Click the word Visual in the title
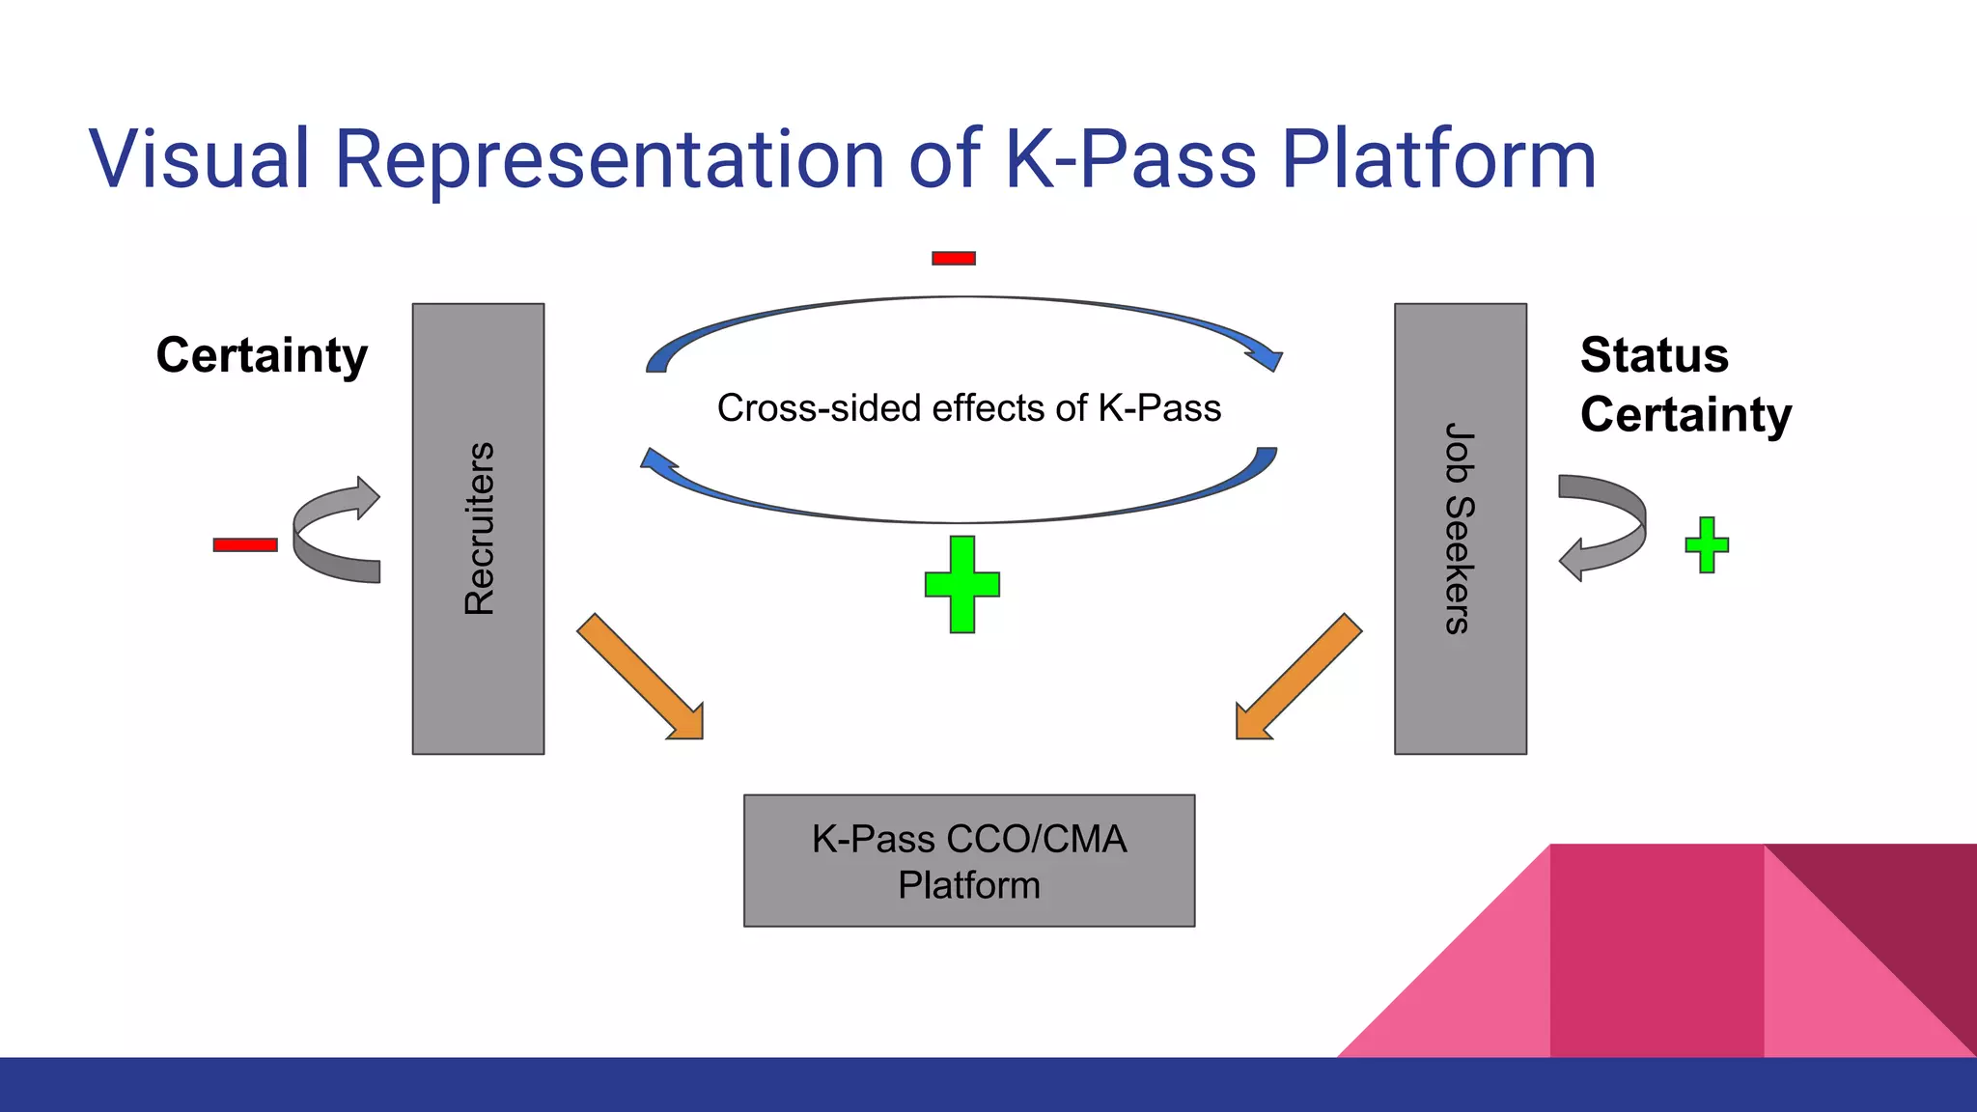pyautogui.click(x=199, y=158)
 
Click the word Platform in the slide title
pyautogui.click(x=1437, y=158)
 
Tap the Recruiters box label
pyautogui.click(x=479, y=529)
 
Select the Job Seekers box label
pyautogui.click(x=1460, y=529)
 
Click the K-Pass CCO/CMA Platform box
pyautogui.click(x=968, y=861)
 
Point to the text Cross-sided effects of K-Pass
pyautogui.click(x=968, y=408)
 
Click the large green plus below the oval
pyautogui.click(x=961, y=585)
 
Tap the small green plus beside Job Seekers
pyautogui.click(x=1707, y=545)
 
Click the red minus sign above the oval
pyautogui.click(x=953, y=258)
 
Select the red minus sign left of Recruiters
pyautogui.click(x=245, y=545)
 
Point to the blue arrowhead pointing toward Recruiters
pyautogui.click(x=659, y=464)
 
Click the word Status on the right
pyautogui.click(x=1654, y=355)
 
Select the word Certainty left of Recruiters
pyautogui.click(x=262, y=355)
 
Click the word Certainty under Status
pyautogui.click(x=1685, y=415)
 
